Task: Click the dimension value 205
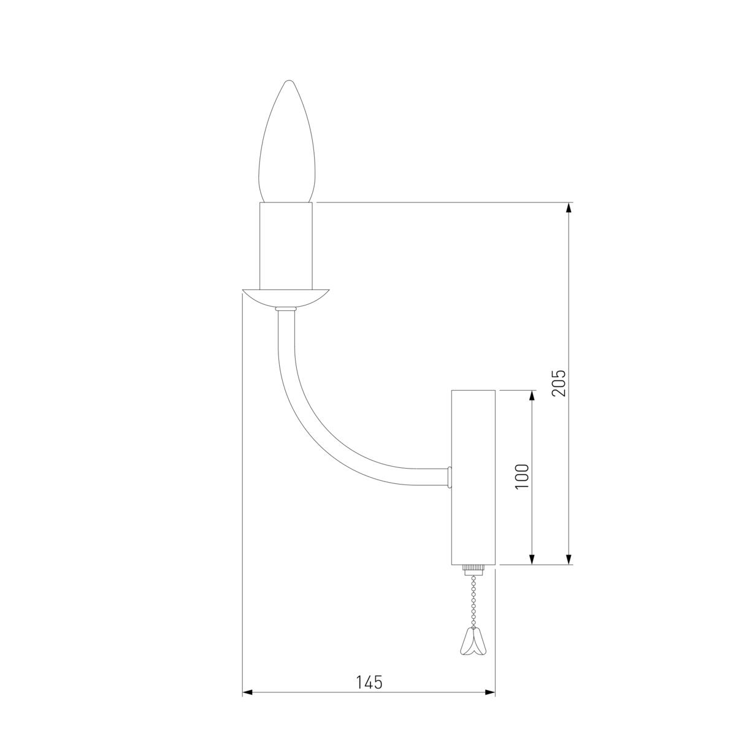(x=559, y=383)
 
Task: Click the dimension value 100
(x=522, y=476)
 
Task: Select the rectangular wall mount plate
(x=473, y=477)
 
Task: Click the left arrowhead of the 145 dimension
(x=248, y=692)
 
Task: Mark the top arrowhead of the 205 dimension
(x=570, y=207)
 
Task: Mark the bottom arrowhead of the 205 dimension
(x=570, y=559)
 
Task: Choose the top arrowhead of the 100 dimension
(x=532, y=395)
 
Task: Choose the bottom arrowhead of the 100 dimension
(x=532, y=559)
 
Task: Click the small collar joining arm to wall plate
(x=450, y=476)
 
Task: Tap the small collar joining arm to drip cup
(x=285, y=309)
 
